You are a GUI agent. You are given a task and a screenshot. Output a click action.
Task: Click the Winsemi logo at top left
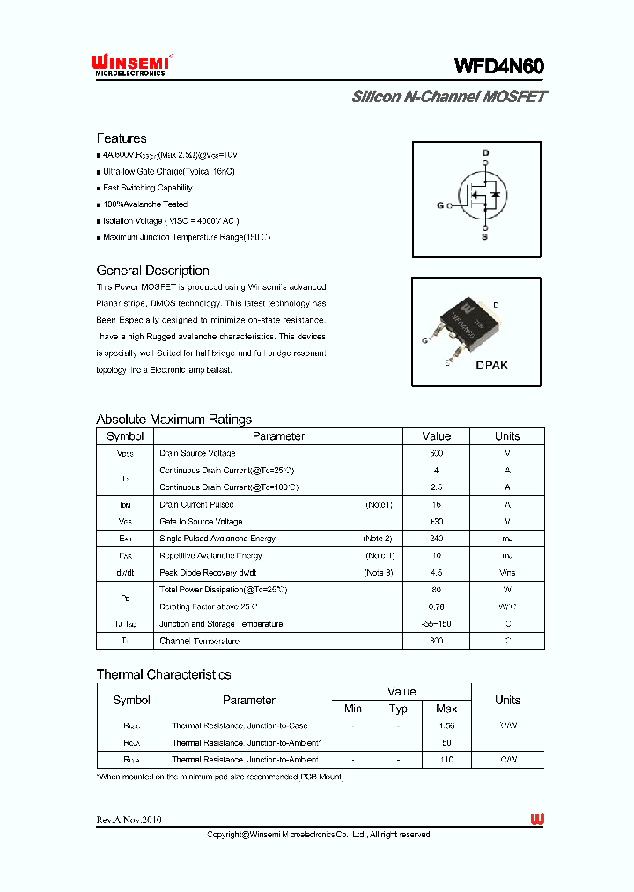click(x=130, y=64)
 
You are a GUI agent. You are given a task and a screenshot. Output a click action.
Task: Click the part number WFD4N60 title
click(x=499, y=67)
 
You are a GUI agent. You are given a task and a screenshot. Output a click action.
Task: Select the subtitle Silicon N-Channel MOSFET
click(x=448, y=97)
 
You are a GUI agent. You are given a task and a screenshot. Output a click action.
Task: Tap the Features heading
click(x=122, y=138)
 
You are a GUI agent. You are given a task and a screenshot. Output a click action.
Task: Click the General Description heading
click(x=152, y=271)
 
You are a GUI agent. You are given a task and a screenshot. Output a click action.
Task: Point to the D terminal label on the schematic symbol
click(x=484, y=153)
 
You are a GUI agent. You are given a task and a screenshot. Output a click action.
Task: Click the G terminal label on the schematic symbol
click(x=440, y=206)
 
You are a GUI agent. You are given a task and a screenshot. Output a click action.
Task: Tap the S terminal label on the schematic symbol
click(x=484, y=236)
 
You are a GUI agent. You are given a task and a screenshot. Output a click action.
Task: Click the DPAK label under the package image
click(x=491, y=365)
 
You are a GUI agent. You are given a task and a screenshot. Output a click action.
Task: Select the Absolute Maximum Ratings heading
click(x=173, y=420)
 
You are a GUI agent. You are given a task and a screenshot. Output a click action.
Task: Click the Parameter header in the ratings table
click(x=278, y=436)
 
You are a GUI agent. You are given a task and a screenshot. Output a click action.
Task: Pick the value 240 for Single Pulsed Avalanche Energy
click(x=436, y=539)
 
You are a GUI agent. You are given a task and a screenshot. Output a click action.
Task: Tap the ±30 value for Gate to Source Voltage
click(x=436, y=522)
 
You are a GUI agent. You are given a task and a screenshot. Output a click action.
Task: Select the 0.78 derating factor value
click(x=436, y=607)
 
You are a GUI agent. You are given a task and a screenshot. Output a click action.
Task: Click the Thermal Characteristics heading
click(x=163, y=674)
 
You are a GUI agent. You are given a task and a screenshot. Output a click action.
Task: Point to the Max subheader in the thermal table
click(x=446, y=709)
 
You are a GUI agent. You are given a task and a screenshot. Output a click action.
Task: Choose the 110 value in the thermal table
click(x=446, y=759)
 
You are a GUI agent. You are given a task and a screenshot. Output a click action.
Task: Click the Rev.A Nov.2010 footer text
click(x=129, y=820)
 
